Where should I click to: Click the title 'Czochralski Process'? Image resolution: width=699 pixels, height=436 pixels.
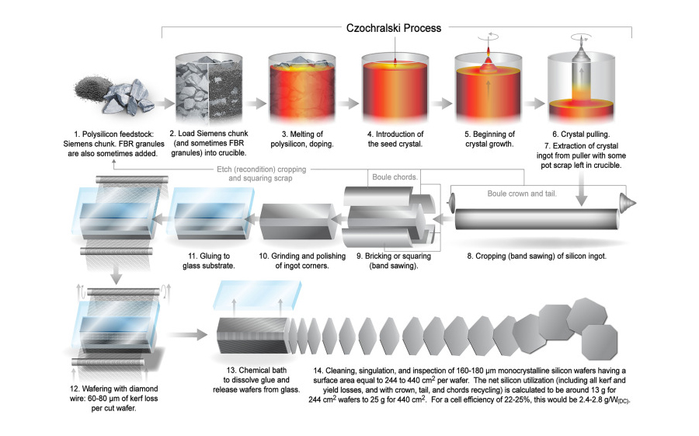[x=393, y=28]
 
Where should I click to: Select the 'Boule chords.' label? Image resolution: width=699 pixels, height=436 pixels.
[x=397, y=176]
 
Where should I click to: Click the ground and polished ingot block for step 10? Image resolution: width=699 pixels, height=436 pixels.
[x=296, y=221]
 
